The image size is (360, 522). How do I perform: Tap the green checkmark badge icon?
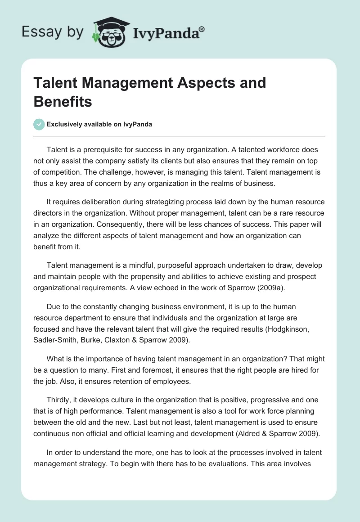[x=39, y=124]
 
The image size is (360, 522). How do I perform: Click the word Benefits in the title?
[x=63, y=102]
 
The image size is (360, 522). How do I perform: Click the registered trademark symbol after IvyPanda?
[x=202, y=29]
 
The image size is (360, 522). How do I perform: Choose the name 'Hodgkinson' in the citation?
[x=288, y=329]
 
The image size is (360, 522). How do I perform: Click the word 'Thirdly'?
[x=58, y=400]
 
